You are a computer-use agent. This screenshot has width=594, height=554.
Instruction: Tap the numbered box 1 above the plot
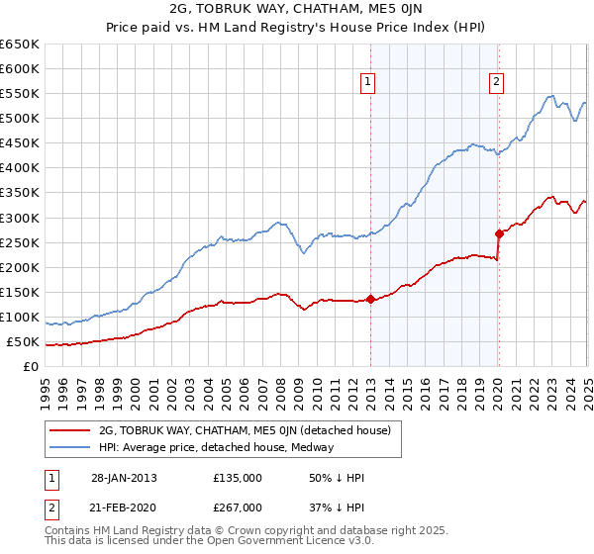367,83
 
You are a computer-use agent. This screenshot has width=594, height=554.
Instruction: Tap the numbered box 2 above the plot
495,83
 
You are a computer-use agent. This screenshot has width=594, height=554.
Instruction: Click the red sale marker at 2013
370,299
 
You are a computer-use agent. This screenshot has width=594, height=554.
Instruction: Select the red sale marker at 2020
499,233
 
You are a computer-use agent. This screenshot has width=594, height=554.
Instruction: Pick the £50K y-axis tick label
24,342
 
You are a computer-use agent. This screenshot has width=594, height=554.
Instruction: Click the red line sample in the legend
70,430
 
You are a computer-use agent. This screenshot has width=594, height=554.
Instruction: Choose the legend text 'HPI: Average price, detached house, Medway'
216,447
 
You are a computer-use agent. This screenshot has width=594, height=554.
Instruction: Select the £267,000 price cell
238,507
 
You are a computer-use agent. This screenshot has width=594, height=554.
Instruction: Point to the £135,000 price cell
238,478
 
